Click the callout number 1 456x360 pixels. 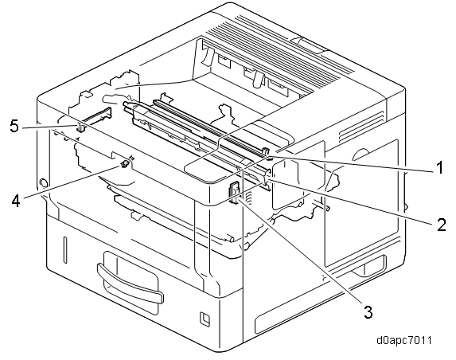[x=440, y=167]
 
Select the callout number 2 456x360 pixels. [x=442, y=225]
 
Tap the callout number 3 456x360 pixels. [x=368, y=311]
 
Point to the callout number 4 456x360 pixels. [x=16, y=201]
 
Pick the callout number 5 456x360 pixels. [x=14, y=126]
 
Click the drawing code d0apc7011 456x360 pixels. [x=404, y=340]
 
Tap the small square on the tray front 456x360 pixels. [x=205, y=318]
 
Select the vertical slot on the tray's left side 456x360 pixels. [x=64, y=250]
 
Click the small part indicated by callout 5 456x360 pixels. [x=80, y=127]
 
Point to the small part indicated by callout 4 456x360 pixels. [x=125, y=164]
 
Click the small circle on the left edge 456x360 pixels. [x=43, y=182]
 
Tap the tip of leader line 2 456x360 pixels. [x=267, y=180]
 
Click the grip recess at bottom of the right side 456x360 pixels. [x=368, y=266]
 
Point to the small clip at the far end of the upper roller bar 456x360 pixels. [x=266, y=151]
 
